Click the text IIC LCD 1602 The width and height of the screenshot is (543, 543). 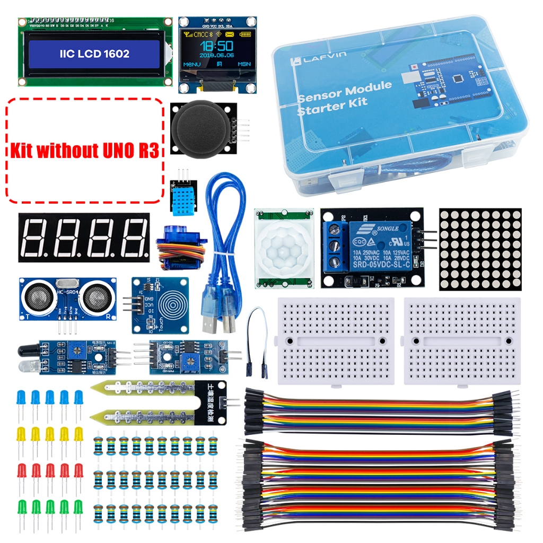click(94, 54)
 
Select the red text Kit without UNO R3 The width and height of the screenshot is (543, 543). click(84, 151)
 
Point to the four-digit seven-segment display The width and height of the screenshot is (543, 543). click(83, 237)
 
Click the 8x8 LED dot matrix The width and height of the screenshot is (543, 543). click(480, 249)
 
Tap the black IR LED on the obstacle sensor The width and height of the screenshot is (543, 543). click(27, 350)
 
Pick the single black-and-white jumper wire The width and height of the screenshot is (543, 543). click(257, 339)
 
